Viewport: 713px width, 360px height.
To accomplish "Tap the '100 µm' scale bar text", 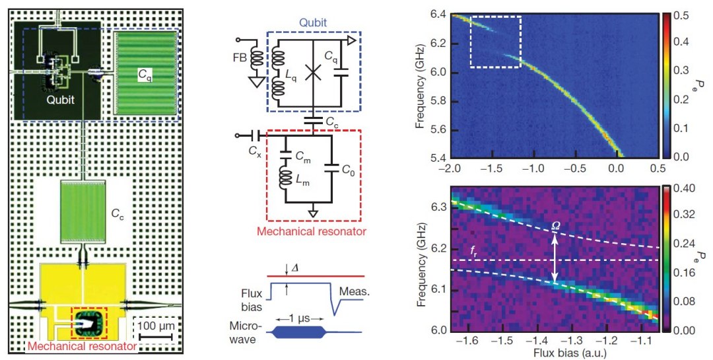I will point(156,326).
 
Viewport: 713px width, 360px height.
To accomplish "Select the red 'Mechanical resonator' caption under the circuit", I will point(312,232).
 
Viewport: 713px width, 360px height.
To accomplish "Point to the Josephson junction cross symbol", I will point(314,73).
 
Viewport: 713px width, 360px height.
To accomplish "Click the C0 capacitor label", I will point(349,170).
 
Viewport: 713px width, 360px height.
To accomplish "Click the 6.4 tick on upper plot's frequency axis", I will point(438,13).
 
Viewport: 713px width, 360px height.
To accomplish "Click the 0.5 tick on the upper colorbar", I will point(683,13).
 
